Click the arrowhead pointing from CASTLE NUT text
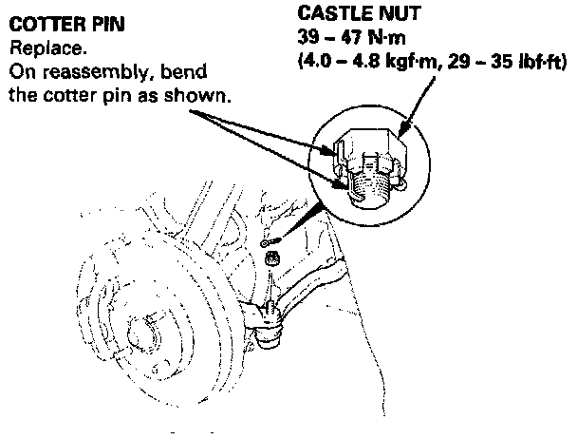405,123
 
